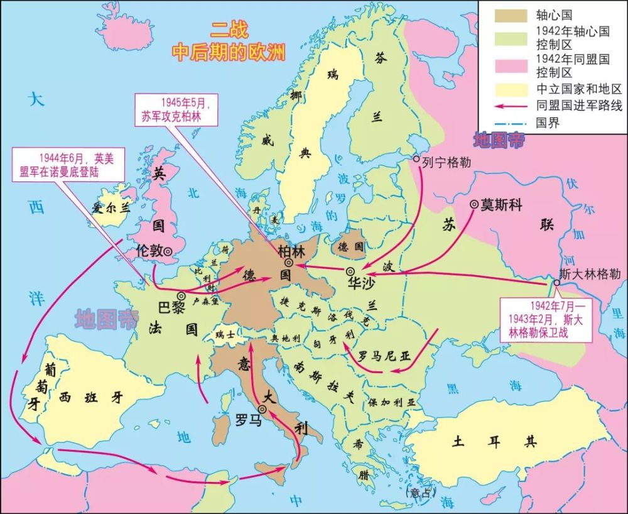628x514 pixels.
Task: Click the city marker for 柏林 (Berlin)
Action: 288,263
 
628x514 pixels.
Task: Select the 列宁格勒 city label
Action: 445,161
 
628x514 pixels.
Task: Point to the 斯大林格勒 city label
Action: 590,274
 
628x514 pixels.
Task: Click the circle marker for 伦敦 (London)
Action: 168,251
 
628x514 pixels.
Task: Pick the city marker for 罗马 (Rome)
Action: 262,409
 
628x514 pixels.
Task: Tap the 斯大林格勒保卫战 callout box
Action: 544,319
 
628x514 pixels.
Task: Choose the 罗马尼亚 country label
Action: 384,355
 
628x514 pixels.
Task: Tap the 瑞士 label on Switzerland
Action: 225,336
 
